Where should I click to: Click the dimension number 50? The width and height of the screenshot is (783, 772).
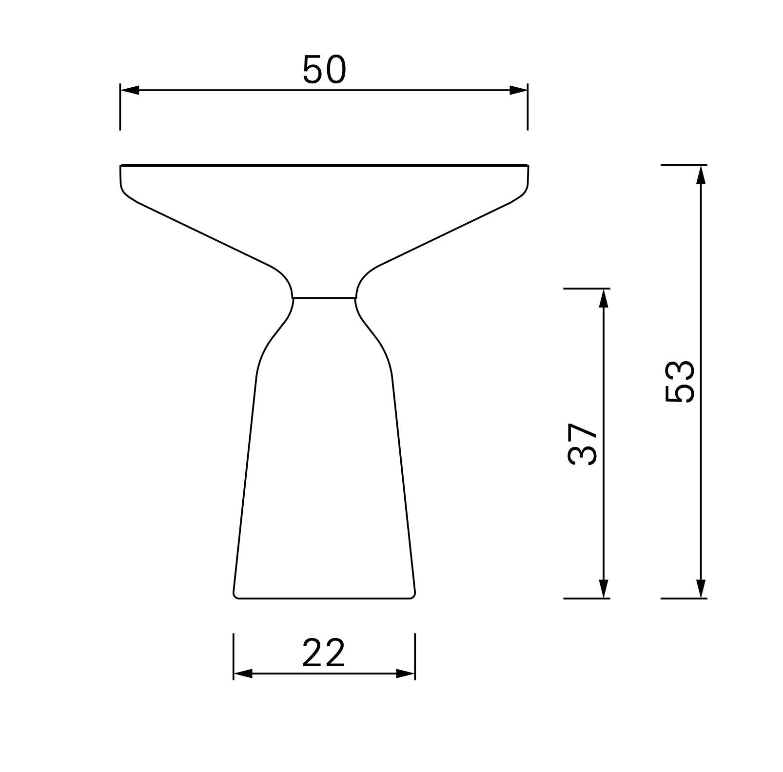324,69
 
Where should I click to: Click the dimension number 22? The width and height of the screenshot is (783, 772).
324,653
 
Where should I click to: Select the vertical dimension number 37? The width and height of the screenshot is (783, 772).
583,444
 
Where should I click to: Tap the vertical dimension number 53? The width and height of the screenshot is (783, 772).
679,382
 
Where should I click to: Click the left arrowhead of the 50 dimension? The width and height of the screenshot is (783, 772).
130,90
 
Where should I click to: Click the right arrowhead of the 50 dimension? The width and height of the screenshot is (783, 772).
518,90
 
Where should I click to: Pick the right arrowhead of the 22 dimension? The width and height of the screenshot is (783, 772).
405,674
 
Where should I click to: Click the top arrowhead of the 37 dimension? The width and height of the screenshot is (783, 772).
604,298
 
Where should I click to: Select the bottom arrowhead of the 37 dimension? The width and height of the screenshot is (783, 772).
604,589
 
